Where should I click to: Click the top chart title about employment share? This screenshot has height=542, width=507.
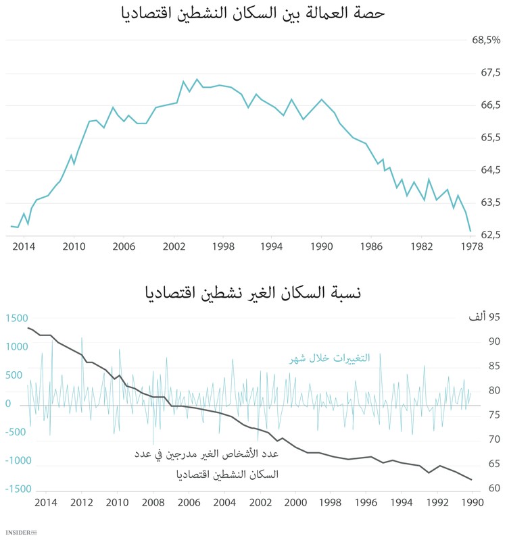click(254, 14)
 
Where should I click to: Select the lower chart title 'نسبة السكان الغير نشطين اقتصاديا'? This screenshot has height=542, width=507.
click(254, 294)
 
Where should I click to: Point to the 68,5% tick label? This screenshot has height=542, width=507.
click(485, 40)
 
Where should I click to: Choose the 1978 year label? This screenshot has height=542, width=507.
click(471, 247)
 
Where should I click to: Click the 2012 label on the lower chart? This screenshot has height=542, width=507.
click(81, 502)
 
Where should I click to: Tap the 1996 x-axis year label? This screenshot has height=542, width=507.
click(366, 502)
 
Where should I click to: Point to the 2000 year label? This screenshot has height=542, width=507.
click(295, 502)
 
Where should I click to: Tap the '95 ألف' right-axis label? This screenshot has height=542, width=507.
click(484, 318)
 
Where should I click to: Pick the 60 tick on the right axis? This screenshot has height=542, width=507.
click(493, 489)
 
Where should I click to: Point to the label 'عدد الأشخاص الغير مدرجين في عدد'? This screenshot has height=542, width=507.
click(206, 454)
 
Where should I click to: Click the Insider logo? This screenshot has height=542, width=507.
click(18, 533)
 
